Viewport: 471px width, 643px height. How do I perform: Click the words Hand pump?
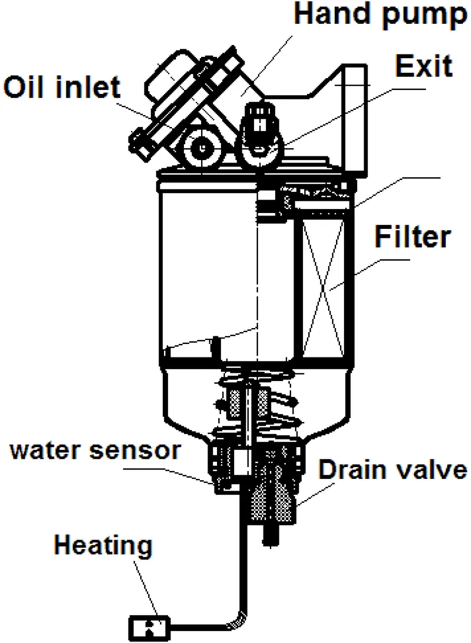click(x=380, y=14)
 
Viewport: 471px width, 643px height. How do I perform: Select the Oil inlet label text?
click(x=62, y=87)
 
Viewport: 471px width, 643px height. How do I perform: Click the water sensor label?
click(x=94, y=450)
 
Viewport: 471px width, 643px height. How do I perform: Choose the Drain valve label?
click(x=393, y=470)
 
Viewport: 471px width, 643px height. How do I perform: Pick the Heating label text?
click(x=103, y=546)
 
